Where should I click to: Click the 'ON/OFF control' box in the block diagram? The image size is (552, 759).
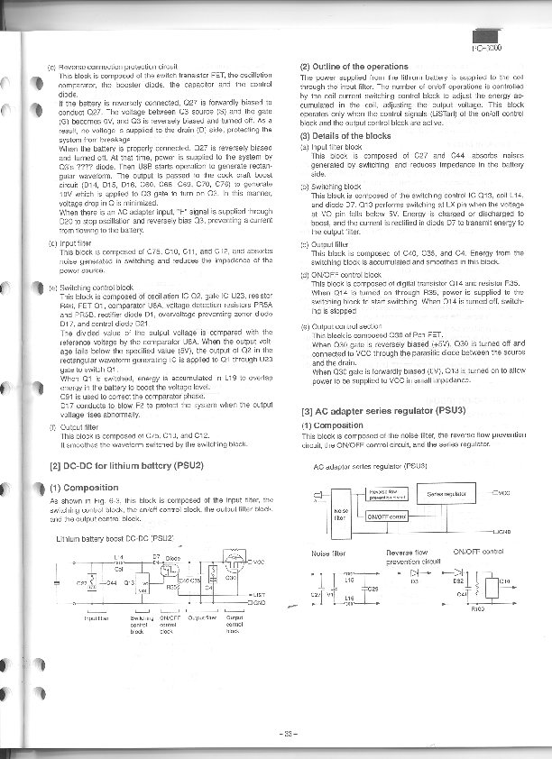[x=387, y=517]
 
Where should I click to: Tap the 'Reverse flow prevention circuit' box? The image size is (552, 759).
[x=385, y=492]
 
